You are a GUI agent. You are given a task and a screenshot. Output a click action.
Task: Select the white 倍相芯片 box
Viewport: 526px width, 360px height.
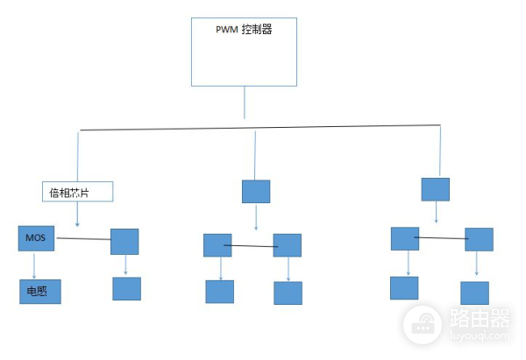(x=78, y=191)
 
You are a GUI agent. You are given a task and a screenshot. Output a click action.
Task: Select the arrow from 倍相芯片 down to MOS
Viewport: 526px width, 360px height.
(x=77, y=213)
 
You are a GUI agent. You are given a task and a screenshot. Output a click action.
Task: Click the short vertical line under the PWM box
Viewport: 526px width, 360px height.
(x=245, y=102)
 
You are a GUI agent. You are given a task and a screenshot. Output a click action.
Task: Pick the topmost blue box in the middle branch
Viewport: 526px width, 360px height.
(x=256, y=191)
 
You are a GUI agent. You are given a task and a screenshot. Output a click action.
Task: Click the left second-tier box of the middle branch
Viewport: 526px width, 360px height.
(x=217, y=244)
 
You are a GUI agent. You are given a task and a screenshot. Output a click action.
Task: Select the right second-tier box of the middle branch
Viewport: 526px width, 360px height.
(x=287, y=245)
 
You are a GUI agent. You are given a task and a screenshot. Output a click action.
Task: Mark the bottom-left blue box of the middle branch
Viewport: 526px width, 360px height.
(x=219, y=292)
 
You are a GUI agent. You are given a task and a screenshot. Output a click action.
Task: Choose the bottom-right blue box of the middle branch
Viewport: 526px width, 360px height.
(x=288, y=293)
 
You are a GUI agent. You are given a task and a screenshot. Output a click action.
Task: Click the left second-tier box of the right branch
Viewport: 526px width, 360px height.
(x=404, y=238)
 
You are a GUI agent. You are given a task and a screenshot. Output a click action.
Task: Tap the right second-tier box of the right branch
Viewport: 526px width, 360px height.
(x=479, y=239)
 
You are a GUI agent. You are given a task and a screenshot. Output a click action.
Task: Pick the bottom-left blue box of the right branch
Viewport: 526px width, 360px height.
(x=404, y=287)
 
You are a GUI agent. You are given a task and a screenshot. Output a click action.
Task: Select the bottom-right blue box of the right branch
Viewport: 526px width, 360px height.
(x=475, y=292)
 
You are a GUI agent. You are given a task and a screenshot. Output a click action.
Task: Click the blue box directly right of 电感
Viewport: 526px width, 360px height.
(x=126, y=288)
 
